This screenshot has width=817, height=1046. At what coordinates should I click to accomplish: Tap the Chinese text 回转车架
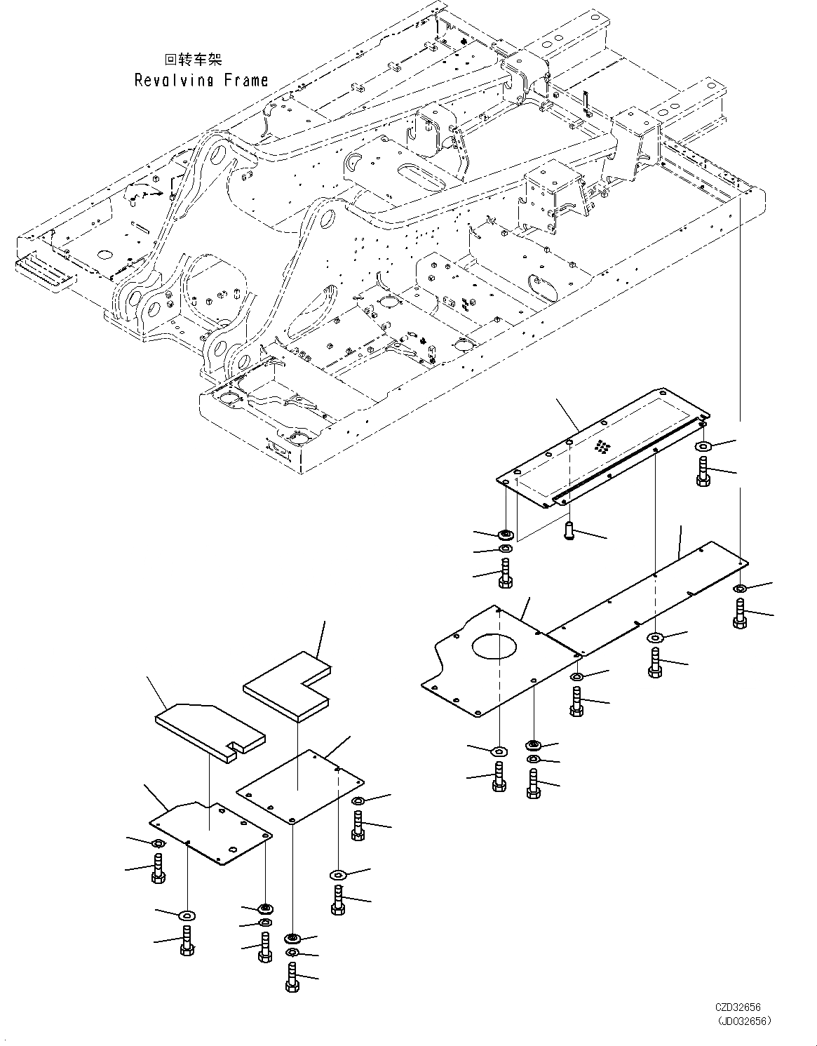(191, 60)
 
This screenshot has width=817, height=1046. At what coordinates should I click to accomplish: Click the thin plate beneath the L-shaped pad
(300, 786)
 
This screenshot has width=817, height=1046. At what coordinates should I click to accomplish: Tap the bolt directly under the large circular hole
(499, 778)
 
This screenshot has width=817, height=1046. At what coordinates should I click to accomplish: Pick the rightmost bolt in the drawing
(741, 613)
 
